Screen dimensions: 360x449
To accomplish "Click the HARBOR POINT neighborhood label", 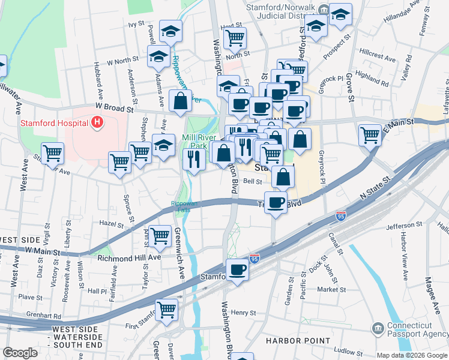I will click(x=298, y=341).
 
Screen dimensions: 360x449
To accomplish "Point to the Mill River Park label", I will click(x=197, y=141).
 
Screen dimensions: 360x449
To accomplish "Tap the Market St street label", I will click(x=332, y=289).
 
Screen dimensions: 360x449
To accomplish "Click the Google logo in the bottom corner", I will click(x=20, y=353).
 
